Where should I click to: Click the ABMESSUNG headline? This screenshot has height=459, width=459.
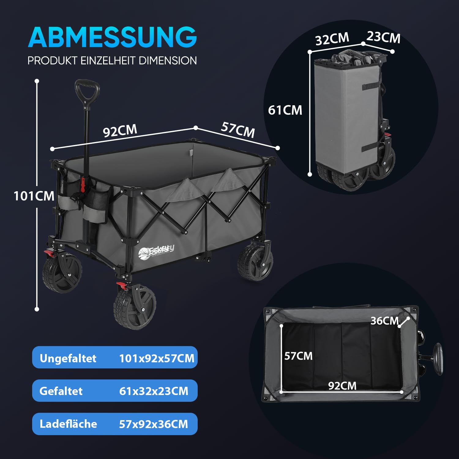click(112, 37)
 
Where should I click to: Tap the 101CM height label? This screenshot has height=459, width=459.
click(34, 196)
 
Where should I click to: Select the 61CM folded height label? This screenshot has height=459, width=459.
click(285, 110)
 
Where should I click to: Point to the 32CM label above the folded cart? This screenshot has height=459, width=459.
click(332, 39)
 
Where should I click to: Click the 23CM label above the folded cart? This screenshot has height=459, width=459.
click(383, 37)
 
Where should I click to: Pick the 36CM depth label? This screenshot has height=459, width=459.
click(385, 321)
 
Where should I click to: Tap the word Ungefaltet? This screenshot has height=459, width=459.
click(68, 358)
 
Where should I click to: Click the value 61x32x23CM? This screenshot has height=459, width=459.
click(154, 391)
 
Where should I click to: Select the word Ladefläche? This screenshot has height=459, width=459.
click(68, 424)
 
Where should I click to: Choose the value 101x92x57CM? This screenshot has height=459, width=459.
click(157, 358)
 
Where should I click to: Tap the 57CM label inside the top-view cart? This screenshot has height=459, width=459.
click(298, 356)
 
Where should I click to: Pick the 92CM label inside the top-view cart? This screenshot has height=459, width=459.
click(342, 386)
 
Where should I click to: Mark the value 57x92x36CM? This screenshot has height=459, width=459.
click(154, 424)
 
